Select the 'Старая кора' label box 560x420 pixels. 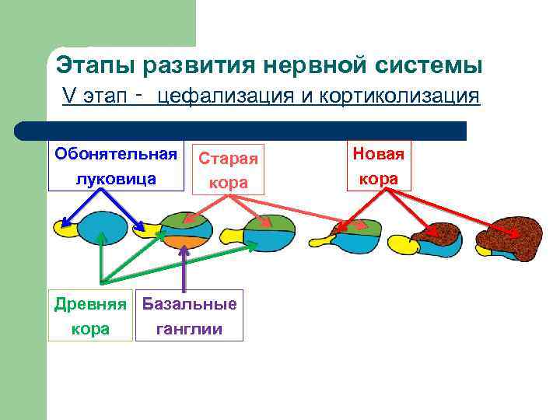click(x=228, y=170)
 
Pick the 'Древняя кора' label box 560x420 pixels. click(x=90, y=316)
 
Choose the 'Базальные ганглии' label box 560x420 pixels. click(x=189, y=316)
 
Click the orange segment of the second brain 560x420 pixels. click(x=184, y=241)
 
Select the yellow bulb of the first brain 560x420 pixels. click(x=65, y=228)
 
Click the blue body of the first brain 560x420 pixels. click(x=103, y=229)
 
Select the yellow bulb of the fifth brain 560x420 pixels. click(x=403, y=244)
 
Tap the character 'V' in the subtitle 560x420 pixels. click(x=68, y=96)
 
